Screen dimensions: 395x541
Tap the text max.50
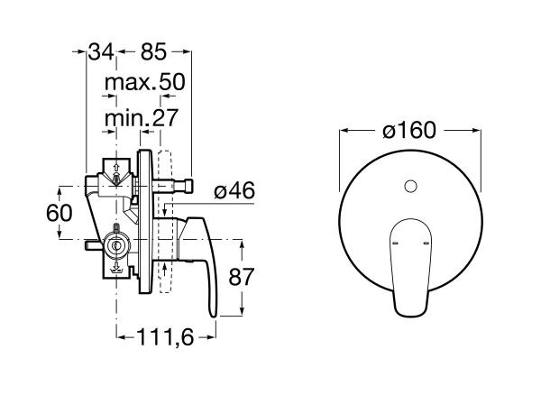click(144, 83)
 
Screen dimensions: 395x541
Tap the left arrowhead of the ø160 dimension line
click(343, 130)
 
